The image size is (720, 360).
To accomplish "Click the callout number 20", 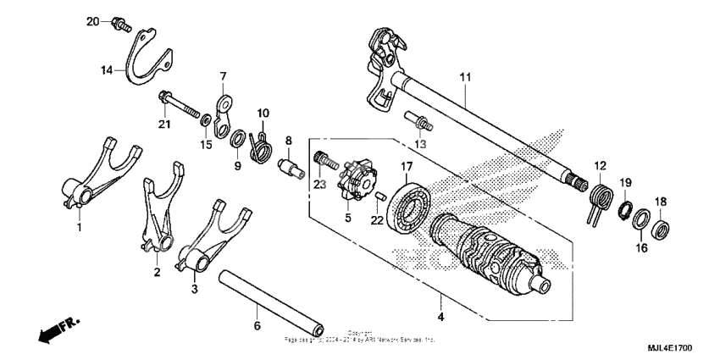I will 93,21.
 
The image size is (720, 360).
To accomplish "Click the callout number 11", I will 464,77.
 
